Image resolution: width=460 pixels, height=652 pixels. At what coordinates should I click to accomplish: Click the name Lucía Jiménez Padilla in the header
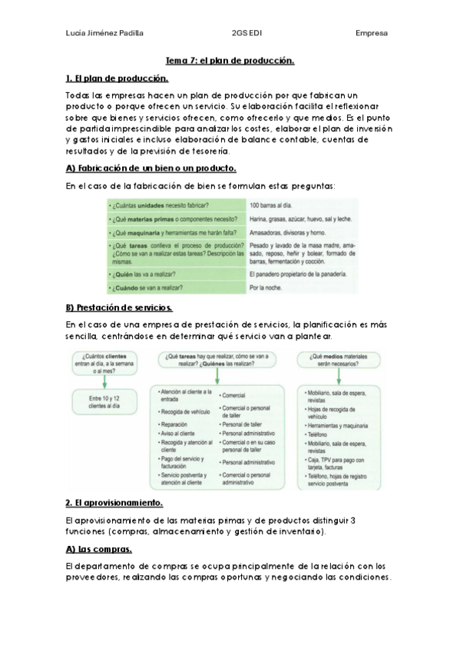(105, 33)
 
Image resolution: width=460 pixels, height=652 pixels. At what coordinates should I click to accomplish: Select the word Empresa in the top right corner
(371, 33)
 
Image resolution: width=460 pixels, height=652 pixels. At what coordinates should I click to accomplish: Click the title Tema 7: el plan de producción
(230, 61)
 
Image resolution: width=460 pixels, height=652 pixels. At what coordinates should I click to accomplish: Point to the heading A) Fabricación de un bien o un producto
(151, 168)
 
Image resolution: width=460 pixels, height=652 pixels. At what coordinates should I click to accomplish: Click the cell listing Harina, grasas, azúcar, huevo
(300, 219)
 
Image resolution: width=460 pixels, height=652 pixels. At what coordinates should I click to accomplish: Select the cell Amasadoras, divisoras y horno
(289, 232)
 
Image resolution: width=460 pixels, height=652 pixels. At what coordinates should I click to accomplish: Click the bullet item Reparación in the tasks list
(174, 423)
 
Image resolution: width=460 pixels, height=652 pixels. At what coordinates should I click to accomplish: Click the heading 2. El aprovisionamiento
(114, 503)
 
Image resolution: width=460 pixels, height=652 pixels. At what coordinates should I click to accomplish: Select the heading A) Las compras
(98, 549)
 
